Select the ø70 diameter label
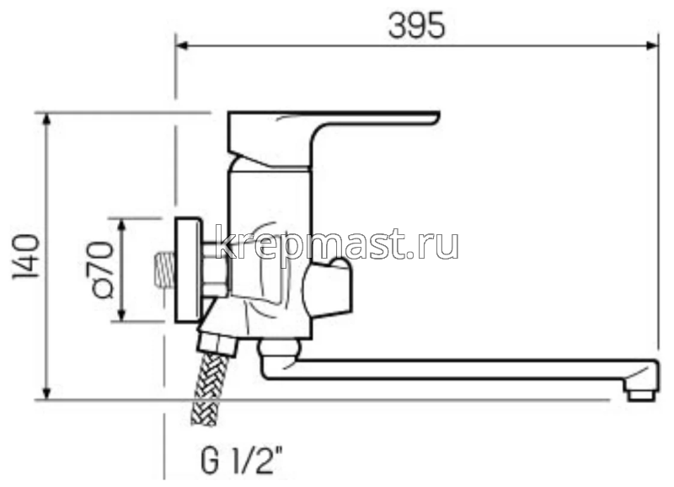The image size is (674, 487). [99, 270]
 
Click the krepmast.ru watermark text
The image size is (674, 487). [337, 243]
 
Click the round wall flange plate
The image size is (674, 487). [187, 270]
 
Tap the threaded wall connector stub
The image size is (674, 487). [164, 271]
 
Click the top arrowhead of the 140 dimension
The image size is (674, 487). [47, 119]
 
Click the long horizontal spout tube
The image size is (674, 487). [455, 369]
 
